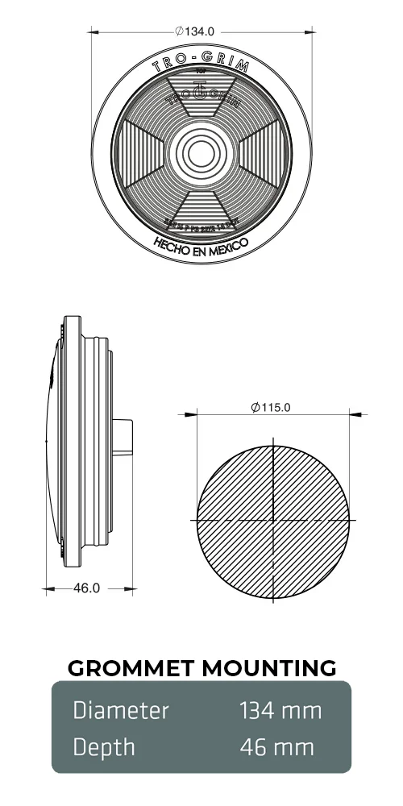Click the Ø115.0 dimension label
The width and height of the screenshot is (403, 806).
click(271, 408)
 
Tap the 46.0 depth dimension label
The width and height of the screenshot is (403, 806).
click(86, 588)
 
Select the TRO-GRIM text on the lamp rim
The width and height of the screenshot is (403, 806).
click(201, 64)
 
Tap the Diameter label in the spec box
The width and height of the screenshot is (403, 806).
click(121, 710)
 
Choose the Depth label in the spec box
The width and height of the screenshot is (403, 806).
click(104, 747)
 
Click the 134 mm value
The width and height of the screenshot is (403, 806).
click(280, 710)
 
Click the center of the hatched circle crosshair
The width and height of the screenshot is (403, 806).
click(275, 520)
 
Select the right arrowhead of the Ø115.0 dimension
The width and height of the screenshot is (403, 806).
click(352, 415)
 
